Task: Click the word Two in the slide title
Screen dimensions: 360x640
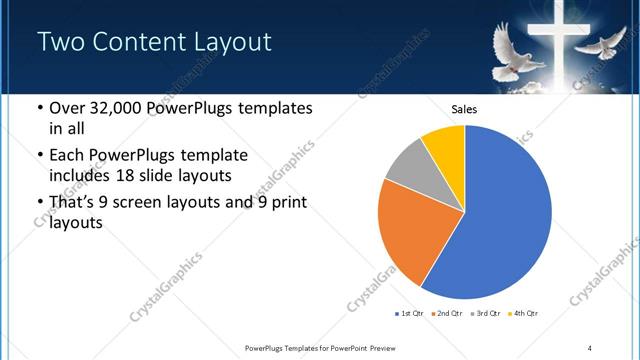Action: coord(62,41)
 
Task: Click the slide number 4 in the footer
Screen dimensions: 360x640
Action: coord(590,347)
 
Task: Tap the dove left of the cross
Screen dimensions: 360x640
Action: coord(517,44)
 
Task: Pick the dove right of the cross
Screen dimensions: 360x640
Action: coord(604,43)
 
